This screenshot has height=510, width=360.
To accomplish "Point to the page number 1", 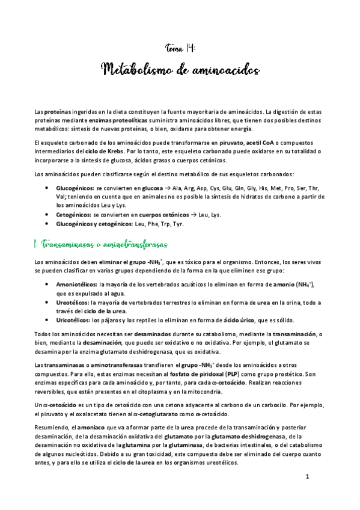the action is click(307, 477).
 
